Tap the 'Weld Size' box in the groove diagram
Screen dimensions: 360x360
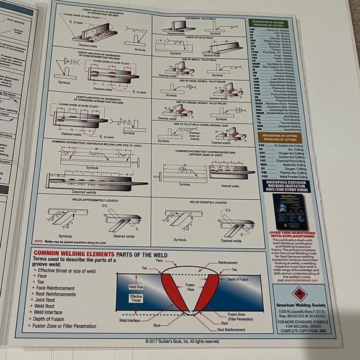pos(137,287)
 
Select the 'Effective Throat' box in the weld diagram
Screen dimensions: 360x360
pos(136,298)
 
